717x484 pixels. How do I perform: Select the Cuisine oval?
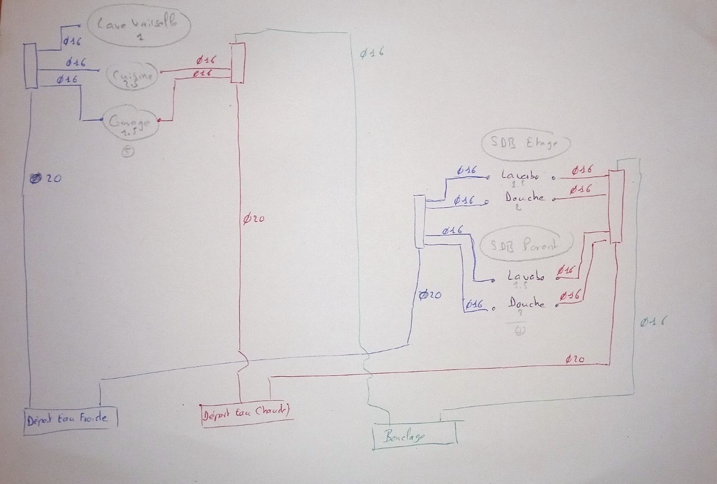130,75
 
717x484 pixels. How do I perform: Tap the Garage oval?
131,124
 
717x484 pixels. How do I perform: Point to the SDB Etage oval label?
525,144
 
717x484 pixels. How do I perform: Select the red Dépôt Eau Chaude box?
246,414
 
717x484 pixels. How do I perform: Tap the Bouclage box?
415,435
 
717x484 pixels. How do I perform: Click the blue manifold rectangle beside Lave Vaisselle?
31,67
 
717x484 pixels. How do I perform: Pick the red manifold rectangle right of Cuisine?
238,61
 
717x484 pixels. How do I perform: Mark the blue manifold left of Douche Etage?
420,222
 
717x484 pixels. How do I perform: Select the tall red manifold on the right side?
616,206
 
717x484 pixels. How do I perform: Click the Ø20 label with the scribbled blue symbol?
45,179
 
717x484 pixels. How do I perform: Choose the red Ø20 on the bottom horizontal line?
576,359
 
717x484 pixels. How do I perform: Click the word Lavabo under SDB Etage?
520,176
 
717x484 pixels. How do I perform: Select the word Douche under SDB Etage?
524,197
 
